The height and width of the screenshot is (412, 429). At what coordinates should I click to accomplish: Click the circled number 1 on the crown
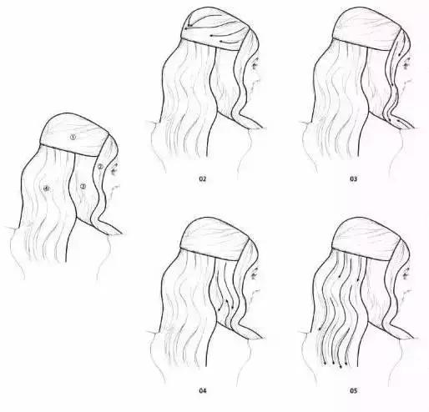coord(73,135)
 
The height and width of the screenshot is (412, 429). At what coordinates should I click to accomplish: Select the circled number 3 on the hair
coord(83,187)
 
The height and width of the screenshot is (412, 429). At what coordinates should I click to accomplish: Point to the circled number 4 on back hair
coord(47,189)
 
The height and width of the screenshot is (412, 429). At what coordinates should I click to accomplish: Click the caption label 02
coord(202,179)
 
